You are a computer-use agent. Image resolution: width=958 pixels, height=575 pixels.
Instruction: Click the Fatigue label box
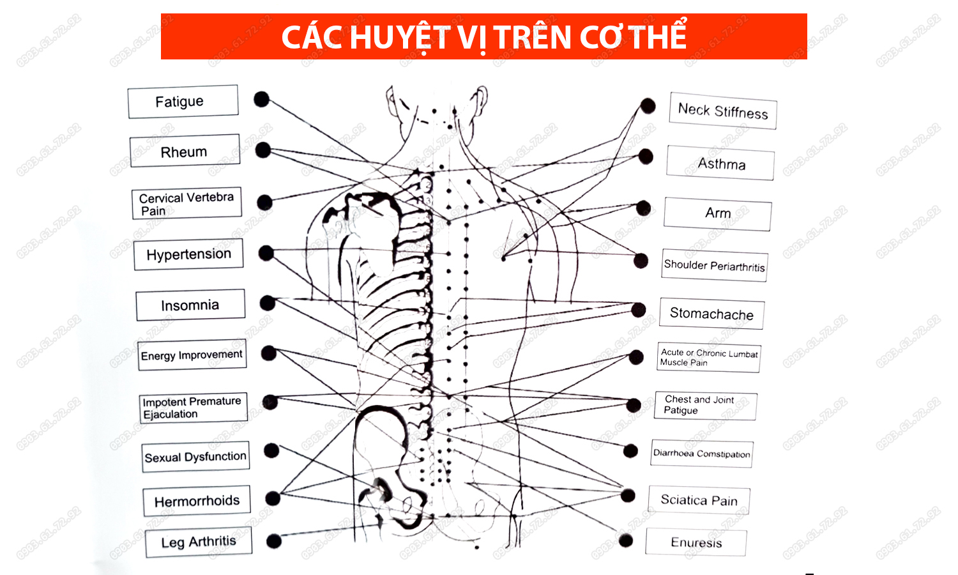click(183, 102)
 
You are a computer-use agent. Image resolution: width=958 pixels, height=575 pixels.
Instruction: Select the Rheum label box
click(185, 151)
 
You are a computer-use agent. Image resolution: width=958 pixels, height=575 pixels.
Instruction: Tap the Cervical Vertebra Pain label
click(186, 204)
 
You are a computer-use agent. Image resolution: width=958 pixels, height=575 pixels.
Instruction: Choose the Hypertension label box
click(188, 254)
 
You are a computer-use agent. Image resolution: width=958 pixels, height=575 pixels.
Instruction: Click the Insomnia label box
click(190, 305)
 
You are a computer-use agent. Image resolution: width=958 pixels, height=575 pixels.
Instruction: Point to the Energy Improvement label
click(192, 355)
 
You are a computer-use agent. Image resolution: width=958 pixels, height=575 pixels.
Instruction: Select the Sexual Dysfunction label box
click(195, 457)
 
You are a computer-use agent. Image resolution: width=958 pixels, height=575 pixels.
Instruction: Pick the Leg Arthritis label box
click(199, 542)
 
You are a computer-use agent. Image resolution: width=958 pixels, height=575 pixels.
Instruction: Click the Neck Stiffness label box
click(723, 111)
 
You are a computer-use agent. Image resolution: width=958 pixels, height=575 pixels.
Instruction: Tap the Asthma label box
click(720, 164)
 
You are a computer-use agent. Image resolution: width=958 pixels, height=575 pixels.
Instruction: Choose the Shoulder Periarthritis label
click(714, 265)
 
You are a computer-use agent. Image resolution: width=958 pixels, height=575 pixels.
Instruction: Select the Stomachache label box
click(711, 314)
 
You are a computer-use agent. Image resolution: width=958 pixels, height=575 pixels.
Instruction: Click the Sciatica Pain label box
click(699, 500)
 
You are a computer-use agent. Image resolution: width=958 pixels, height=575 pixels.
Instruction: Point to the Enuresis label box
click(696, 542)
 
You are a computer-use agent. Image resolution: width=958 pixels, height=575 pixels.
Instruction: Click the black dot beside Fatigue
click(261, 99)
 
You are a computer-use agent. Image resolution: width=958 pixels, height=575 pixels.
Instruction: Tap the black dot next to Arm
click(644, 208)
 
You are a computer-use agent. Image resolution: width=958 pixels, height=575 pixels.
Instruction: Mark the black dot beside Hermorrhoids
click(273, 498)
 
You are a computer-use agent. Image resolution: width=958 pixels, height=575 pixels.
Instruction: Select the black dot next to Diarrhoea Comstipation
click(630, 451)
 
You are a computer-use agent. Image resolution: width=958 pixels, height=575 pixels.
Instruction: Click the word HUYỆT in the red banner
click(400, 37)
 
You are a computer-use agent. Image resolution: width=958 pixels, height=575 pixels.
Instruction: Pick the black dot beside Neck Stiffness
click(648, 105)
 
